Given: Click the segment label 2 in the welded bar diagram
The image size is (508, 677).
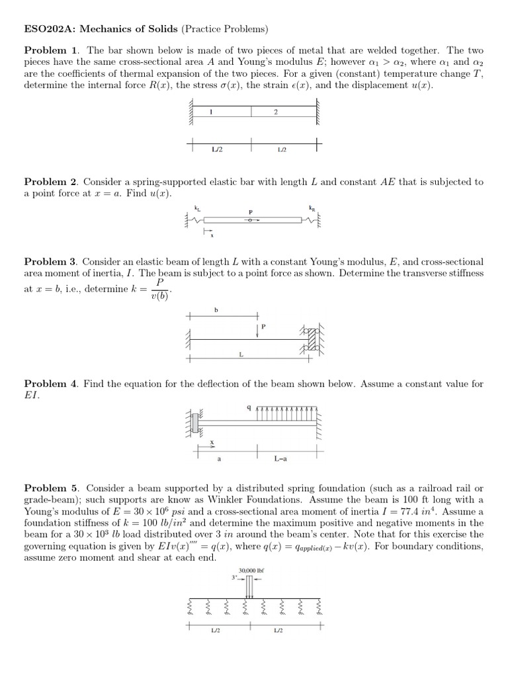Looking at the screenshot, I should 275,112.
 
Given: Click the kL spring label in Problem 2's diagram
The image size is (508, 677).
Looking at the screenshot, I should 196,208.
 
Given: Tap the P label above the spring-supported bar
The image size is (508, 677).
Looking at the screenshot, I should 250,212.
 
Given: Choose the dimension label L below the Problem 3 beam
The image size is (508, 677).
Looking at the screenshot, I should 241,355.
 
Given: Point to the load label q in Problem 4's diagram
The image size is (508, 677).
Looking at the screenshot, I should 249,408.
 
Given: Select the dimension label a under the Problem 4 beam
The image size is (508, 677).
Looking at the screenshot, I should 219,458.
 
